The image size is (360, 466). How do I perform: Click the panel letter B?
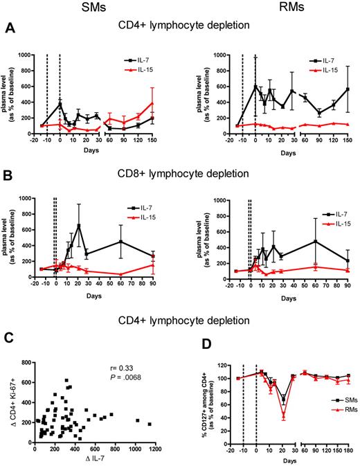(x=10, y=170)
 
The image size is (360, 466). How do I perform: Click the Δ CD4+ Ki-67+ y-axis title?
(x=8, y=403)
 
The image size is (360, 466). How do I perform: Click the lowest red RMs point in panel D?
(x=284, y=416)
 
